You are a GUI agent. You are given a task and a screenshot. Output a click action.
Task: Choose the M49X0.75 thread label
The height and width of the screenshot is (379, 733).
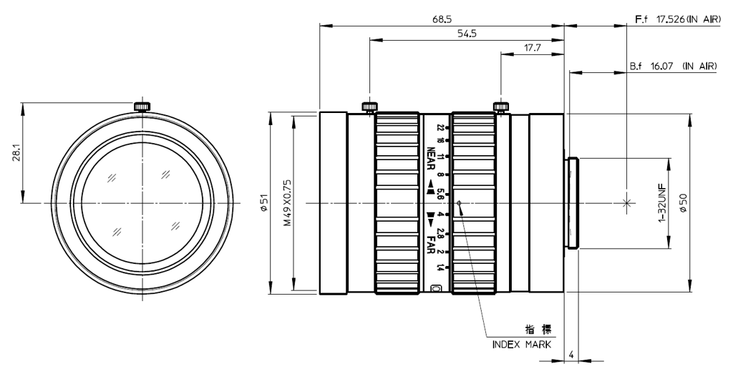click(x=286, y=203)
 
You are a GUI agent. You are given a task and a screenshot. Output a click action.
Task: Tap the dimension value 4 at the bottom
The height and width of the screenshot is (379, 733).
click(x=571, y=354)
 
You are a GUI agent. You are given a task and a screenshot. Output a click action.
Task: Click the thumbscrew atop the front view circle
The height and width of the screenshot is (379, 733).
click(x=142, y=107)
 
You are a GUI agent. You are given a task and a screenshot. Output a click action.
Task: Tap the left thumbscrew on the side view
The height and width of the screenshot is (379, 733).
click(x=369, y=107)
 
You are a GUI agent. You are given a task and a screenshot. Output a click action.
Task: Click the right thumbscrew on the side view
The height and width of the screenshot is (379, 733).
click(x=500, y=107)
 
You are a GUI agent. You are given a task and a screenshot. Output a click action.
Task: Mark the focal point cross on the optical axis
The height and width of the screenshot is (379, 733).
click(x=627, y=203)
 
